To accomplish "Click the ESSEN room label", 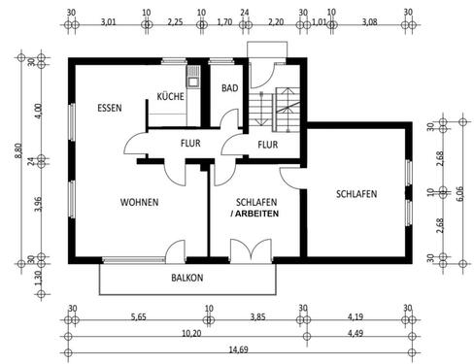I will pyautogui.click(x=109, y=108).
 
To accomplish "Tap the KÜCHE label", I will pyautogui.click(x=171, y=96).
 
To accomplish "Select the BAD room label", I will pyautogui.click(x=229, y=87).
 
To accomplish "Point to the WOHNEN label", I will pyautogui.click(x=139, y=202).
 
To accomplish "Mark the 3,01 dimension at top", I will pyautogui.click(x=109, y=20).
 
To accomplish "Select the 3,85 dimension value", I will pyautogui.click(x=255, y=316).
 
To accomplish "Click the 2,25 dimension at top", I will pyautogui.click(x=174, y=20).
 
